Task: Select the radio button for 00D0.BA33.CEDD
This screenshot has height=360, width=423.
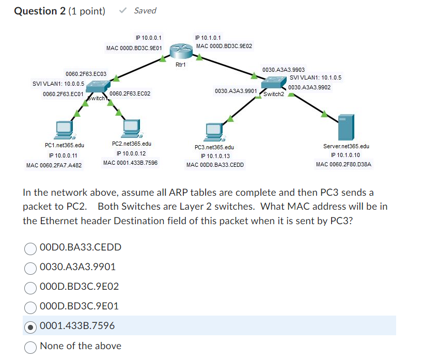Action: point(31,247)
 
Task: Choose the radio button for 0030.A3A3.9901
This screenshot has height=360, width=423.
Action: point(31,267)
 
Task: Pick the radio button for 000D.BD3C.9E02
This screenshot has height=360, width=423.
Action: point(31,287)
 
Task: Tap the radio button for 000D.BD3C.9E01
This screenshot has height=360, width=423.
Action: point(31,306)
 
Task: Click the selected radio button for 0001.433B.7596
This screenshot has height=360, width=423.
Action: point(31,326)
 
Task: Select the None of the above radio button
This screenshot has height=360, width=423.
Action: point(31,346)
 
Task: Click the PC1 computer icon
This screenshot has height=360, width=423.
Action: point(65,131)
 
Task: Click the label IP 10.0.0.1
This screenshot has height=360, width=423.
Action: point(148,38)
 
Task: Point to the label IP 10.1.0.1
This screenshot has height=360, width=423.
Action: point(208,38)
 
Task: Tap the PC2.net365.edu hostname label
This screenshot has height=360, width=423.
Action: point(131,144)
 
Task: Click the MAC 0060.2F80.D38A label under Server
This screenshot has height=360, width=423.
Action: point(343,165)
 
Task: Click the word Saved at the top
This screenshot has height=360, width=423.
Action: point(145,11)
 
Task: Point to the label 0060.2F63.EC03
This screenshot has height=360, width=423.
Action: point(86,74)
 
